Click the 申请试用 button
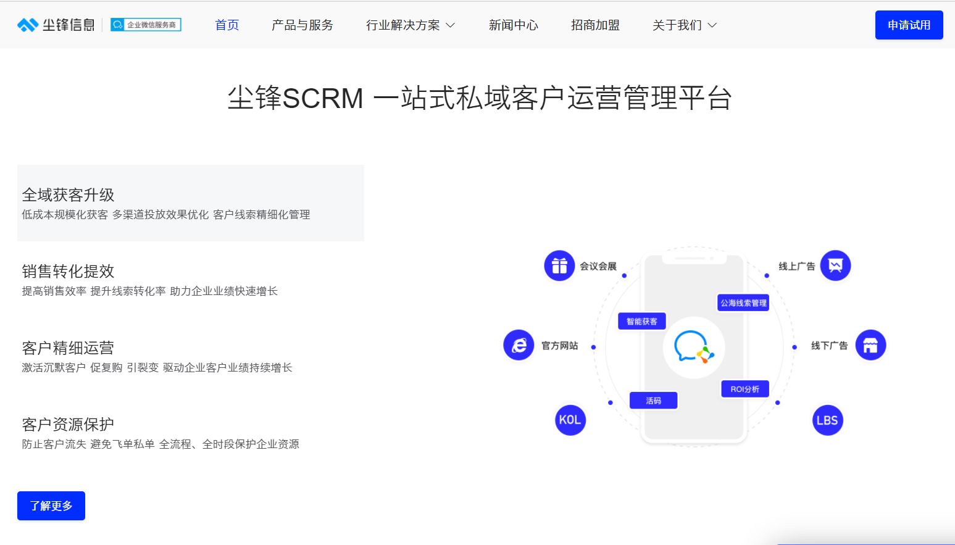tap(909, 25)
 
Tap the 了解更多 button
tap(51, 505)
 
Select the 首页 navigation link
tap(227, 25)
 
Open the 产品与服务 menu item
tap(302, 25)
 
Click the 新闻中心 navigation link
tap(514, 25)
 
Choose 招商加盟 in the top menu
tap(595, 25)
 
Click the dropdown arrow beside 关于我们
tap(712, 25)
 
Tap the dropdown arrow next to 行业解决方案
tap(450, 25)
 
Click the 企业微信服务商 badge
tap(146, 25)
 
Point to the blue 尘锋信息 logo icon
tap(28, 25)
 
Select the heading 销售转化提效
tap(68, 271)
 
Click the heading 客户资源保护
tap(68, 425)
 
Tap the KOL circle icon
tap(570, 420)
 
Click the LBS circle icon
tap(828, 420)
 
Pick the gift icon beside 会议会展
tap(559, 266)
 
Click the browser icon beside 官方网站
tap(519, 345)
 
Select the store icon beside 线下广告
tap(870, 345)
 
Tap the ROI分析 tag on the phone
tap(745, 389)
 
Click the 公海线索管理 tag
tap(743, 303)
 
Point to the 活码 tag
tap(653, 401)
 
